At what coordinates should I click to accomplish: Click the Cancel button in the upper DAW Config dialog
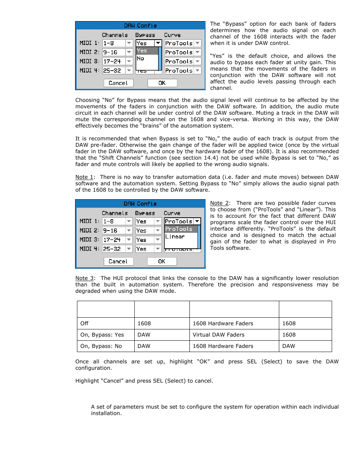[118, 83]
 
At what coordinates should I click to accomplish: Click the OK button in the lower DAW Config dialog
[162, 261]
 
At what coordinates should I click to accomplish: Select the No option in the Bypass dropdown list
[141, 58]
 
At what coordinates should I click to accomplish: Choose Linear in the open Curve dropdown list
[175, 237]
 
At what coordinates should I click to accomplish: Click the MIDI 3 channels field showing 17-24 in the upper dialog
[113, 62]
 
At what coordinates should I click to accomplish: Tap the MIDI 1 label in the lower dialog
[89, 221]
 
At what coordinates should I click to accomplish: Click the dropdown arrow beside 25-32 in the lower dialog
[129, 249]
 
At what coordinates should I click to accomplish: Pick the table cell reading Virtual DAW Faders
[218, 335]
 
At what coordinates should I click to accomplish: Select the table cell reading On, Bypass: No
[101, 346]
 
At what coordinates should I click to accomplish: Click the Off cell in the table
[85, 323]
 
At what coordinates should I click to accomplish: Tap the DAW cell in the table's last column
[289, 346]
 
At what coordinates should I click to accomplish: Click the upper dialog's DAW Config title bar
[140, 26]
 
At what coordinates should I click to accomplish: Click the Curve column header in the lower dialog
[172, 213]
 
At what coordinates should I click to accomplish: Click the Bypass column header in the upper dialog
[145, 35]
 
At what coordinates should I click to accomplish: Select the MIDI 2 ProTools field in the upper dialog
[179, 52]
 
